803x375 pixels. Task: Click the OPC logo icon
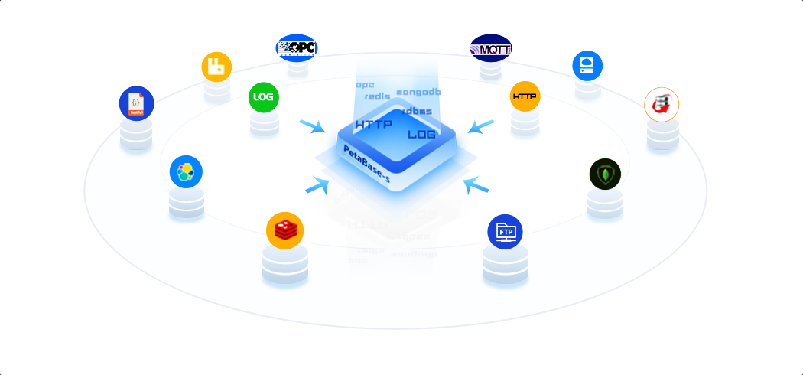(x=297, y=47)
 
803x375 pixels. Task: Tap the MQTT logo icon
(x=491, y=49)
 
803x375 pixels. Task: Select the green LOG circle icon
(x=264, y=97)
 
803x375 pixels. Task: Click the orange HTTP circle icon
(x=525, y=96)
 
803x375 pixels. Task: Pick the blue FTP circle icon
(x=505, y=231)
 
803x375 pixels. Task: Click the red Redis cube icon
(x=285, y=230)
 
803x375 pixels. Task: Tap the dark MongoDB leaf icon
(x=605, y=174)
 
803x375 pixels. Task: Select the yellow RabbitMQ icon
(x=216, y=67)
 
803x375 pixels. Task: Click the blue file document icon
(x=136, y=103)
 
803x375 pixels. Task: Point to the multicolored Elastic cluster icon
(x=186, y=172)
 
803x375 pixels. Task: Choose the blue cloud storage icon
(x=587, y=65)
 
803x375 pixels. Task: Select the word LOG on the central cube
(x=421, y=135)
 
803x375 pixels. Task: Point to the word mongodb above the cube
(x=418, y=93)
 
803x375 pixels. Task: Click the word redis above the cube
(x=378, y=96)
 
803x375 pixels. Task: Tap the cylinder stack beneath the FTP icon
(x=505, y=264)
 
